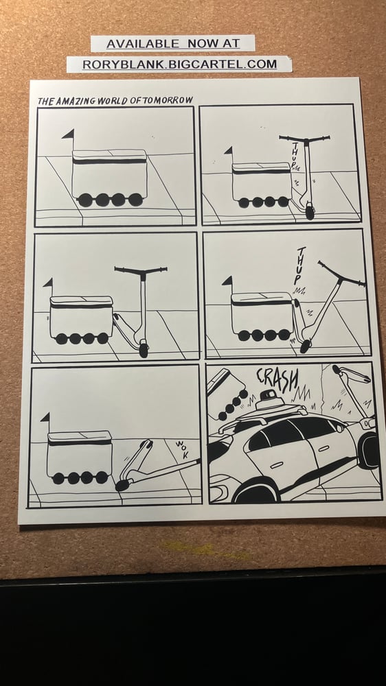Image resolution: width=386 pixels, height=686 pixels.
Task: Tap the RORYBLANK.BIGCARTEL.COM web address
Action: [x=179, y=64]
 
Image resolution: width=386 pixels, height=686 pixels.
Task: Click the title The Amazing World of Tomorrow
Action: [x=115, y=100]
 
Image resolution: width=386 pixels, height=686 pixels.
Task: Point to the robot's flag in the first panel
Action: [x=68, y=134]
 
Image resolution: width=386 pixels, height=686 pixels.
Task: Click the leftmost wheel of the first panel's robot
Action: [x=85, y=200]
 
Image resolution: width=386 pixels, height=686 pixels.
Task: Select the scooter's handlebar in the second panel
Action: [x=304, y=139]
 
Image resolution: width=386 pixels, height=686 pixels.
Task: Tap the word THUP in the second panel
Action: [x=295, y=156]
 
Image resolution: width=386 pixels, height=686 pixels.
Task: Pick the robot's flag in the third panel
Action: [x=47, y=283]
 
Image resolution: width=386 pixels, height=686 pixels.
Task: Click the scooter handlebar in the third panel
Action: [x=141, y=271]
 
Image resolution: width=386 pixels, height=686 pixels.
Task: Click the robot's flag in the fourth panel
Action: [x=227, y=281]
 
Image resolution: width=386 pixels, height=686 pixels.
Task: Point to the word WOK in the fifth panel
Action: [x=181, y=449]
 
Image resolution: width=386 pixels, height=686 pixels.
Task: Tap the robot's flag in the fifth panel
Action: [x=45, y=417]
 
